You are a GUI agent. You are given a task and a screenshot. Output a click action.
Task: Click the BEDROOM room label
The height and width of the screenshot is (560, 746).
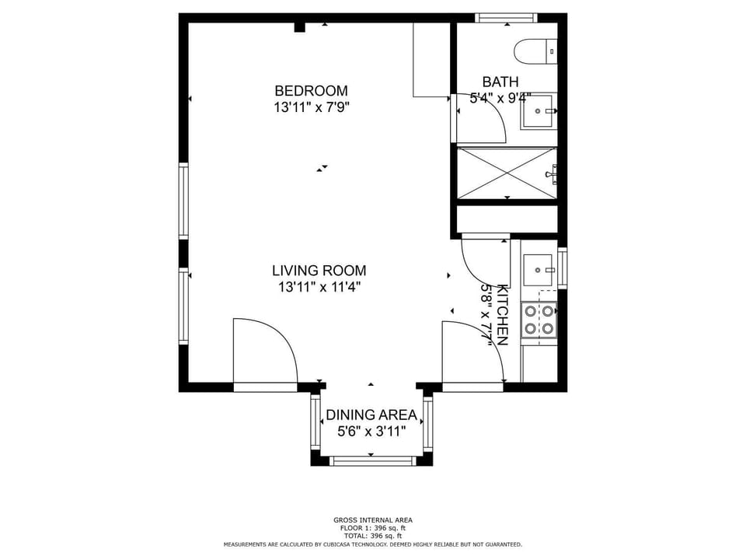(x=311, y=90)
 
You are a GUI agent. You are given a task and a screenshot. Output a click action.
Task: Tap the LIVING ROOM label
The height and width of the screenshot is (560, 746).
(x=319, y=271)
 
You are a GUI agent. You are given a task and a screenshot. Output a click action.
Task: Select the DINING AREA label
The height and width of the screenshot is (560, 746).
(x=371, y=415)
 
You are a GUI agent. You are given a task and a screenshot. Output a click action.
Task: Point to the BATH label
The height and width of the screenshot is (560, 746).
(x=500, y=82)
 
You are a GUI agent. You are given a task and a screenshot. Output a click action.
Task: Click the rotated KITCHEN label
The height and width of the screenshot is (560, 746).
(x=503, y=315)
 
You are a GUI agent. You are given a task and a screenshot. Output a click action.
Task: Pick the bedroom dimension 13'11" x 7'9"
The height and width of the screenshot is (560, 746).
(x=312, y=107)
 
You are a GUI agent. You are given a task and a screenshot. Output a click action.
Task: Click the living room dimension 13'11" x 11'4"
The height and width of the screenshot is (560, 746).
(x=319, y=287)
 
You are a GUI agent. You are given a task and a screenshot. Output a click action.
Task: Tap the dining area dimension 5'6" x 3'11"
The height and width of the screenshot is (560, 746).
(x=371, y=432)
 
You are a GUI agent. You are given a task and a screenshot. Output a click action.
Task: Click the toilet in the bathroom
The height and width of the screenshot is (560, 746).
(x=535, y=51)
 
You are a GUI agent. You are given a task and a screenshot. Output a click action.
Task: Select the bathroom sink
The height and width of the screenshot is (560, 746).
(x=539, y=111)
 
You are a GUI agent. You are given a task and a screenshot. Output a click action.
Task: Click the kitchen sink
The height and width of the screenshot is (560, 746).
(x=539, y=270)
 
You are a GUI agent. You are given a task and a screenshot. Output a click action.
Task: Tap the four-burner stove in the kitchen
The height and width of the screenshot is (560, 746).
(x=539, y=320)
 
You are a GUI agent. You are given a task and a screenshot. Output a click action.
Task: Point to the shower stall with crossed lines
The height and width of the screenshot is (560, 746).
(x=507, y=173)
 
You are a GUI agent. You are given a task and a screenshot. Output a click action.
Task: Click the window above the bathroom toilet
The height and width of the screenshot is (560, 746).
(x=506, y=18)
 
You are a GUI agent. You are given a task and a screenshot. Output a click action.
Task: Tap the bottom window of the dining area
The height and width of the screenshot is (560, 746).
(x=372, y=461)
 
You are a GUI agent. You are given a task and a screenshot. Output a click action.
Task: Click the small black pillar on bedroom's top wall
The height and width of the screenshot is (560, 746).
(x=300, y=27)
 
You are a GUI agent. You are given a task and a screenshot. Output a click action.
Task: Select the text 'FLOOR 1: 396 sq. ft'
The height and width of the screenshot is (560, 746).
(x=373, y=528)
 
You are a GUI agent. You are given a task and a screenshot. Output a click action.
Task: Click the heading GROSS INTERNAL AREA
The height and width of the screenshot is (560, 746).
(x=373, y=520)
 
